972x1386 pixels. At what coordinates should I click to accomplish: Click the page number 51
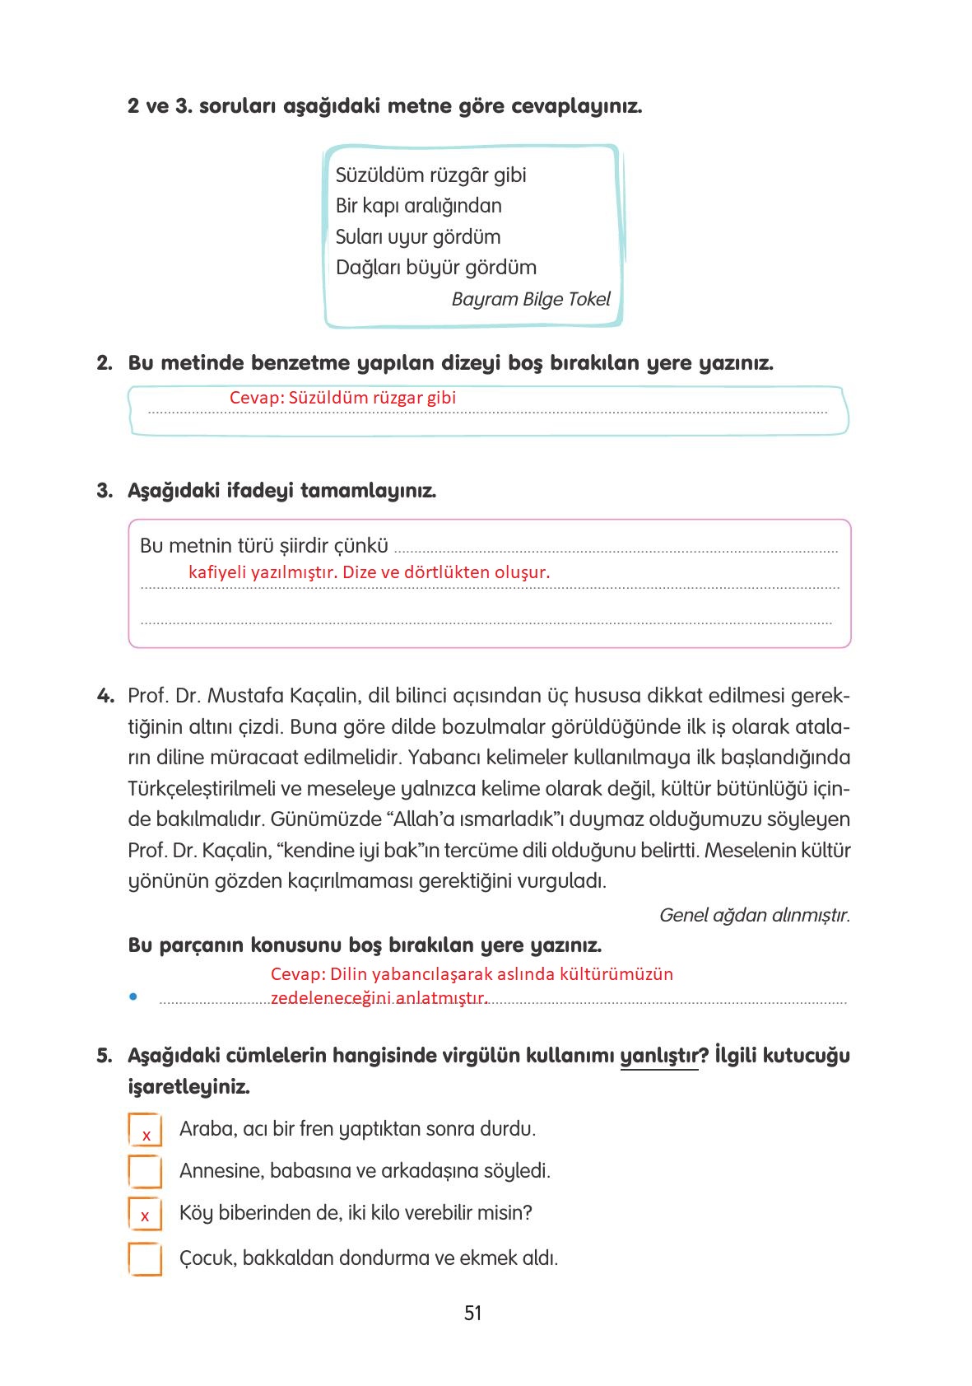click(472, 1313)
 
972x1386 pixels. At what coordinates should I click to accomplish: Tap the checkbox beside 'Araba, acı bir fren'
click(145, 1130)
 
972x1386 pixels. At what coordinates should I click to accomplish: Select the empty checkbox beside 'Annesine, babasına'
click(145, 1171)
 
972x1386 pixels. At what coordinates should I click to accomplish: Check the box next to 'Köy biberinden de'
click(145, 1214)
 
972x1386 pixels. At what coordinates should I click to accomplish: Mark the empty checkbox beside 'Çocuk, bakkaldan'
click(145, 1258)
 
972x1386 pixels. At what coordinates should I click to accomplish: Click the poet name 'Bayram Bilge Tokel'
click(531, 299)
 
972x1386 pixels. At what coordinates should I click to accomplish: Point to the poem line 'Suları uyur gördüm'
click(418, 237)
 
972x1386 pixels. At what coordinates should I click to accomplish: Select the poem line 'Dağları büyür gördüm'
click(435, 268)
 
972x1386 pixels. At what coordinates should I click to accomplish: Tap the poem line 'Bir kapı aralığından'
click(418, 206)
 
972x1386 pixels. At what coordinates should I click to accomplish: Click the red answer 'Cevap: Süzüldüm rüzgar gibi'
click(342, 398)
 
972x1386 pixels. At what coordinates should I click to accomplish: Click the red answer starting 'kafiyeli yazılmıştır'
click(369, 572)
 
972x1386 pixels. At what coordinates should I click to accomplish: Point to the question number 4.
click(105, 696)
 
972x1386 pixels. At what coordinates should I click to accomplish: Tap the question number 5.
click(104, 1056)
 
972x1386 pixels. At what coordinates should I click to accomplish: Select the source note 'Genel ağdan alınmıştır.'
click(754, 915)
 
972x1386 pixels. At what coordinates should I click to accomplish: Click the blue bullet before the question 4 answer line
click(132, 997)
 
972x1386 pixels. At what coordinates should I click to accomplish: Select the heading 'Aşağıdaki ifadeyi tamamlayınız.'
click(281, 491)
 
